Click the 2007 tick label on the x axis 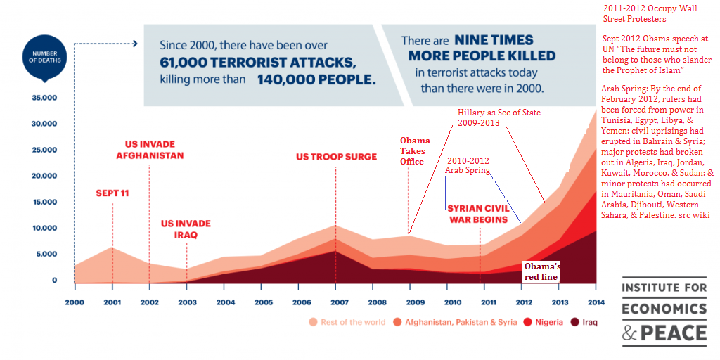tap(335, 302)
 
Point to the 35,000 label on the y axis tap(44, 98)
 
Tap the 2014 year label tap(596, 302)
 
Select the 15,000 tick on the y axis tap(44, 202)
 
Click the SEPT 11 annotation tap(112, 193)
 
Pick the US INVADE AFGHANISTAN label tap(150, 150)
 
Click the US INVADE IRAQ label tap(186, 229)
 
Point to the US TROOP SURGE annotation tap(336, 157)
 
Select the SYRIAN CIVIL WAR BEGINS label tap(478, 214)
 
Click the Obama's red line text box tap(541, 271)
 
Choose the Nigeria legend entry tap(544, 322)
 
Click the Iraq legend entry tap(584, 322)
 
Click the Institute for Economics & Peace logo tap(664, 311)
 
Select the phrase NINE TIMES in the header tap(494, 40)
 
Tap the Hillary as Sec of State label tap(499, 117)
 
